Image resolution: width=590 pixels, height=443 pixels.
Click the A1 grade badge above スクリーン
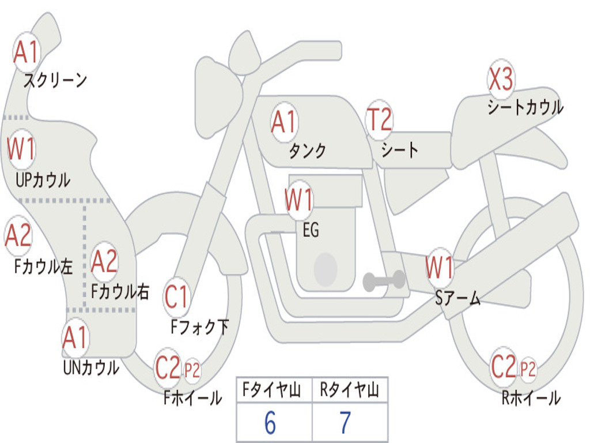pyautogui.click(x=26, y=52)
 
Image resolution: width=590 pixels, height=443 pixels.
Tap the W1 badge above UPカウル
pyautogui.click(x=21, y=149)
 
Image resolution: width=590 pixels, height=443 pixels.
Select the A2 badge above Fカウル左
pyautogui.click(x=18, y=235)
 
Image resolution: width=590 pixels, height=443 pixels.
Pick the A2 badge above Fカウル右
pyautogui.click(x=104, y=261)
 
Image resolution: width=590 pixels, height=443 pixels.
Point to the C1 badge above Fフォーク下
pyautogui.click(x=176, y=297)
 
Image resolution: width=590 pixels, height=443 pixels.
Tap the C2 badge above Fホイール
pyautogui.click(x=168, y=367)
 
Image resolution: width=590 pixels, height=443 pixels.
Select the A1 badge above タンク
pyautogui.click(x=283, y=122)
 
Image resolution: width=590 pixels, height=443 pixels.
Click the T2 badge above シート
pyautogui.click(x=379, y=120)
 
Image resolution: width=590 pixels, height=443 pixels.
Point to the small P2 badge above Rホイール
pyautogui.click(x=528, y=368)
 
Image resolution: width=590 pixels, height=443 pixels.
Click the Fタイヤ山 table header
pyautogui.click(x=274, y=391)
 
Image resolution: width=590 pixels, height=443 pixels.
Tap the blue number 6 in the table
pyautogui.click(x=270, y=423)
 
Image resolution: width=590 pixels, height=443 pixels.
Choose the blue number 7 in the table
pyautogui.click(x=345, y=423)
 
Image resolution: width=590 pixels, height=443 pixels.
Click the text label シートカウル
pyautogui.click(x=525, y=107)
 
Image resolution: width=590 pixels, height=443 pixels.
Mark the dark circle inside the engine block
pyautogui.click(x=325, y=269)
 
